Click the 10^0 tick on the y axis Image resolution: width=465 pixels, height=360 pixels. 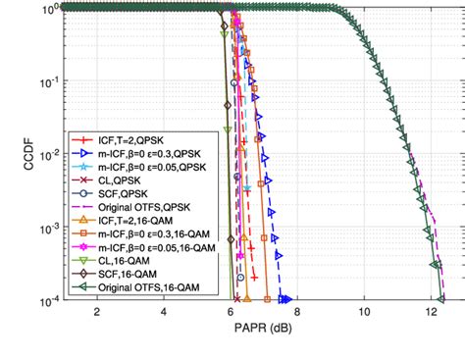(x=47, y=9)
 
